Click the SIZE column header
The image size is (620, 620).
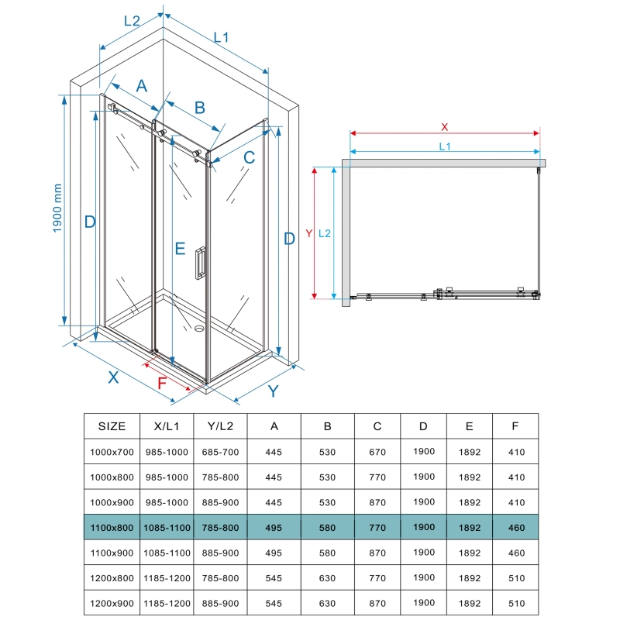point(112,425)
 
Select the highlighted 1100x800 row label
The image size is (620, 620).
point(112,528)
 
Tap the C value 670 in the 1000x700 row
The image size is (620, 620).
point(377,451)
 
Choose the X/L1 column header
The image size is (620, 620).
point(165,425)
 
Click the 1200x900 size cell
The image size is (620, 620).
point(112,604)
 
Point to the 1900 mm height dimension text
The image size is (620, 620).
point(57,209)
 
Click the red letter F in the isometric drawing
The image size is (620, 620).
point(162,383)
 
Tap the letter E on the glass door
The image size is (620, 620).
point(179,249)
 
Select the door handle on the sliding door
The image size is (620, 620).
point(200,262)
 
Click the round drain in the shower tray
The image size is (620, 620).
point(199,329)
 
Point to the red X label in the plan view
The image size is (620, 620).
point(444,126)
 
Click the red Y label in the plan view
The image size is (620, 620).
point(308,232)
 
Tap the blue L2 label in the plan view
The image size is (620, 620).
point(325,232)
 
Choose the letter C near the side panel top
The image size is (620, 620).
point(248,158)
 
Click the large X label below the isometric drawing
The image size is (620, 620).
point(113,378)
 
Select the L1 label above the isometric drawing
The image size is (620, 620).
point(221,37)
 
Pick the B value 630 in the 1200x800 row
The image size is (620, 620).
point(327,578)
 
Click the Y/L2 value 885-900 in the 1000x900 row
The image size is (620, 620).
point(220,502)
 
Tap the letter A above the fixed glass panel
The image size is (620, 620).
point(141,86)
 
